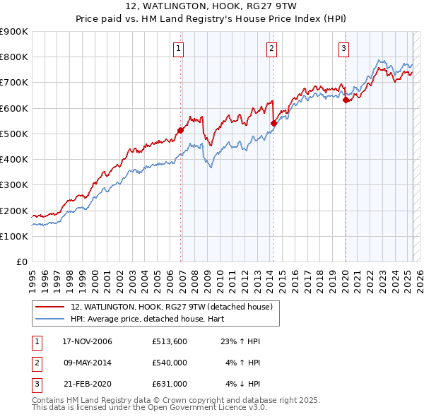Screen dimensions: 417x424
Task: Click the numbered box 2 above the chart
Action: pyautogui.click(x=271, y=49)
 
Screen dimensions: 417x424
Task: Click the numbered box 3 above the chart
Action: pyautogui.click(x=343, y=49)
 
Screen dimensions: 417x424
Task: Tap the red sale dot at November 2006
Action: pyautogui.click(x=181, y=130)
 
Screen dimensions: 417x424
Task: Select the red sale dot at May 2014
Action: pyautogui.click(x=273, y=123)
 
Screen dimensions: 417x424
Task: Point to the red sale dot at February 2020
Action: pyautogui.click(x=346, y=100)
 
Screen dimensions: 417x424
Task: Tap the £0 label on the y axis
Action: pyautogui.click(x=21, y=262)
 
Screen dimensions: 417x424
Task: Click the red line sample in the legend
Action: pyautogui.click(x=49, y=307)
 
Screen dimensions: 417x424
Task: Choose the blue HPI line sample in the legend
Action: pyautogui.click(x=49, y=319)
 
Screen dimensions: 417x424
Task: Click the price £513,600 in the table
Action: pyautogui.click(x=169, y=341)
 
